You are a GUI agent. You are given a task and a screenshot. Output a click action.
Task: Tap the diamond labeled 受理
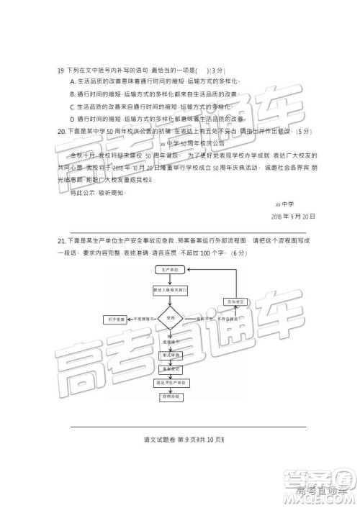(171, 317)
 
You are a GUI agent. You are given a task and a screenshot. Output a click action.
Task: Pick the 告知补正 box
(234, 301)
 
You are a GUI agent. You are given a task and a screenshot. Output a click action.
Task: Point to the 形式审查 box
(171, 355)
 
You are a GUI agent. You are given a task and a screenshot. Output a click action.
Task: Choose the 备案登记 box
(171, 369)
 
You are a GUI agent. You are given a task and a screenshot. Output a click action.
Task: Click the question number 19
(60, 71)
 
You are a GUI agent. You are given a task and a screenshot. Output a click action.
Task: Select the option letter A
(73, 83)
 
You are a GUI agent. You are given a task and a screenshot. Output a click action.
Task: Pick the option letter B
(73, 94)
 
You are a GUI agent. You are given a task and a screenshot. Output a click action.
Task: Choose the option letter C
(73, 106)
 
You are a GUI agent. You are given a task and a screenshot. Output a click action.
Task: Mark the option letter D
(73, 117)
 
